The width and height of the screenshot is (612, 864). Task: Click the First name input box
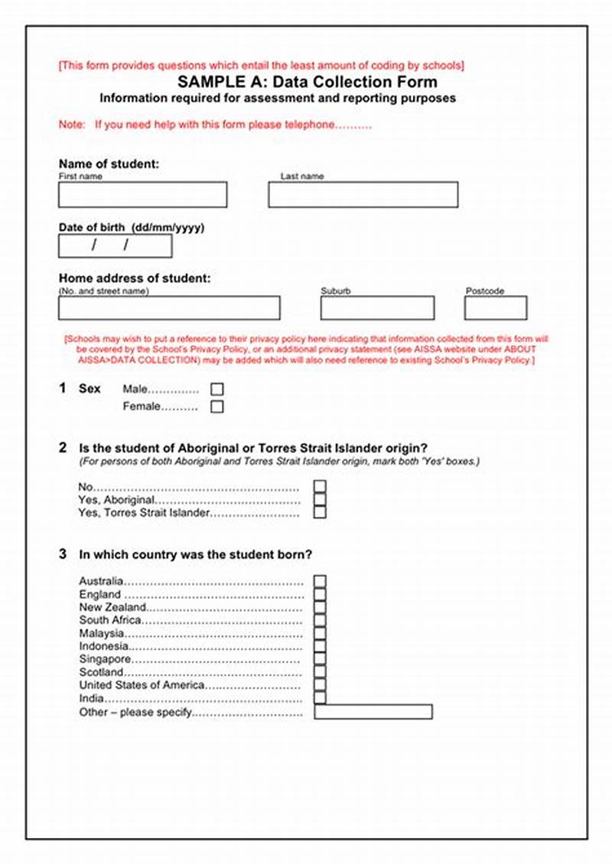point(142,195)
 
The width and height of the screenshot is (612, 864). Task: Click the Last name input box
point(363,195)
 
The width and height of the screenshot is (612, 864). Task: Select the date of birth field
point(115,245)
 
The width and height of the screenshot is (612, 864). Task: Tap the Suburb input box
point(377,308)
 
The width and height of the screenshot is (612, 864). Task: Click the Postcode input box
point(495,308)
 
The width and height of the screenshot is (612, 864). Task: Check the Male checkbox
point(217,389)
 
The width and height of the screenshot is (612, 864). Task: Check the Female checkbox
point(217,407)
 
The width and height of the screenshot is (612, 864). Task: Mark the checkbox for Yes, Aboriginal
point(320,499)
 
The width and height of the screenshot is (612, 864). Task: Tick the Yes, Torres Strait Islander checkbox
point(320,512)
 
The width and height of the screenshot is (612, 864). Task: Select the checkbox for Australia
point(320,581)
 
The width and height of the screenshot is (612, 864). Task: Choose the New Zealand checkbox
point(320,607)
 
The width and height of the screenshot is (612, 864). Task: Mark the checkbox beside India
point(320,698)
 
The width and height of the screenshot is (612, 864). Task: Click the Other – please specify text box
point(373,712)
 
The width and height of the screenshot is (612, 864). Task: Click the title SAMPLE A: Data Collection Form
point(308,82)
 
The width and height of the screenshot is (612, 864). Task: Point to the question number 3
point(63,554)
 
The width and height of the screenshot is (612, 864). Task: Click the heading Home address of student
point(134,279)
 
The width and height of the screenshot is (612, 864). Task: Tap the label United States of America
point(142,685)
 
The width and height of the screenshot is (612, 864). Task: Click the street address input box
point(169,308)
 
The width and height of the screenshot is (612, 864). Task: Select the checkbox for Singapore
point(320,659)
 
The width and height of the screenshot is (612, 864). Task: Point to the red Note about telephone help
point(215,125)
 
